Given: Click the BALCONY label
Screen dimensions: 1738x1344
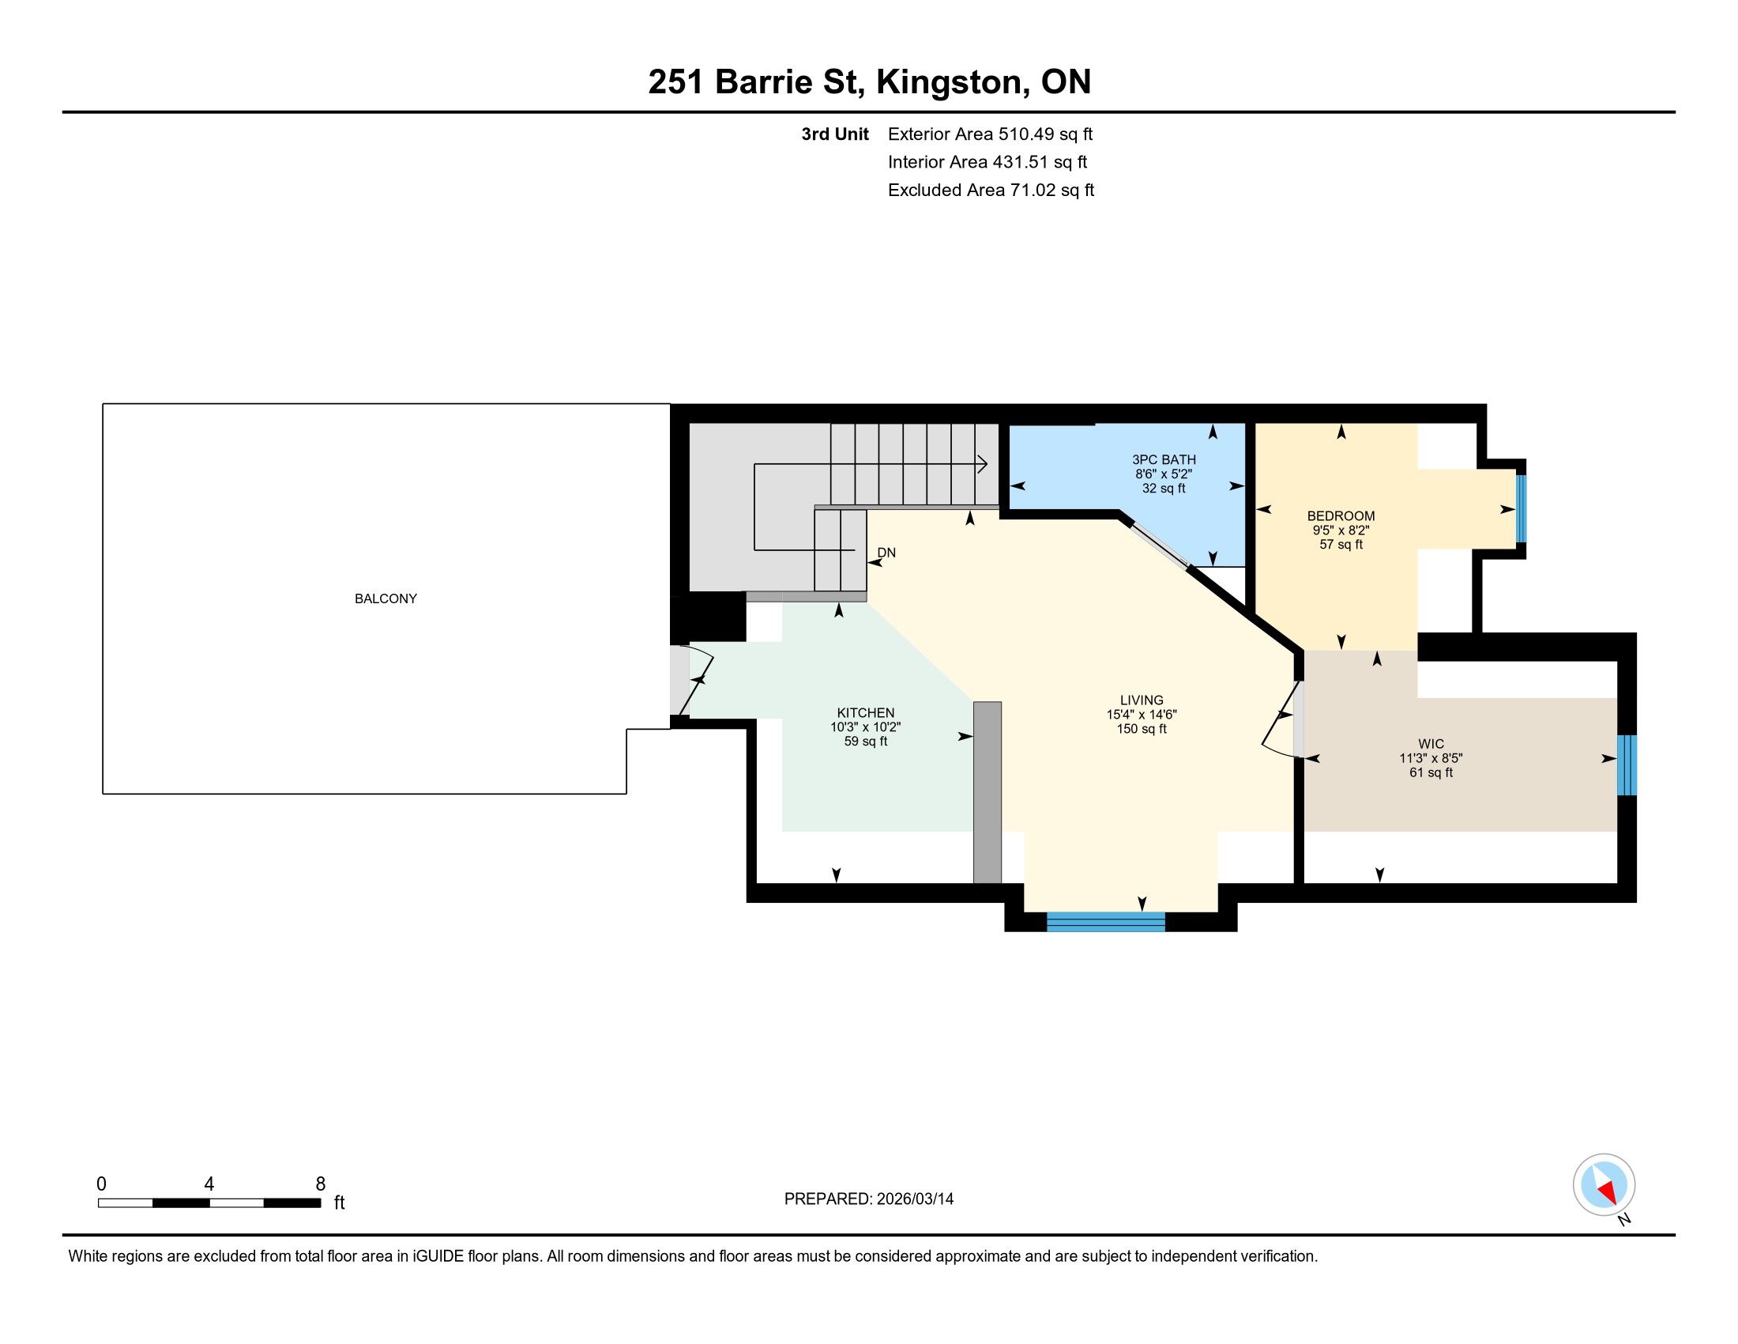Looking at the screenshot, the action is pyautogui.click(x=386, y=598).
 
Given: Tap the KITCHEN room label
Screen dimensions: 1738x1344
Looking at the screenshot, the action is pyautogui.click(x=866, y=712).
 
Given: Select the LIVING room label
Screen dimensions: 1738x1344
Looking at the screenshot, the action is pyautogui.click(x=1142, y=700).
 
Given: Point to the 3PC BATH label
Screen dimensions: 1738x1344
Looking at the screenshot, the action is pyautogui.click(x=1164, y=459).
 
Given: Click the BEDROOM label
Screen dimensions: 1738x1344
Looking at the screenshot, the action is pyautogui.click(x=1341, y=516).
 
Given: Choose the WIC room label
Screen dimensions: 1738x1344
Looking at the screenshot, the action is pyautogui.click(x=1431, y=745).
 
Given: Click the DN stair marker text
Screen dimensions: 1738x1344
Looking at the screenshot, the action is pyautogui.click(x=886, y=553).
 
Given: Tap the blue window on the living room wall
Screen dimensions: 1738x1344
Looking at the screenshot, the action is pyautogui.click(x=1106, y=922).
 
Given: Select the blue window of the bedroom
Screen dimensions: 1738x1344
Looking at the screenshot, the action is pyautogui.click(x=1521, y=508).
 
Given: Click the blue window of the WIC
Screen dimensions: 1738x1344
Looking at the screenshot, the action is pyautogui.click(x=1627, y=765).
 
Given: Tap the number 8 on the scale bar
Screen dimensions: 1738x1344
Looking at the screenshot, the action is pyautogui.click(x=321, y=1184).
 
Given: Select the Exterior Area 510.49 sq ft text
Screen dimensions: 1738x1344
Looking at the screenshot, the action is pyautogui.click(x=990, y=134).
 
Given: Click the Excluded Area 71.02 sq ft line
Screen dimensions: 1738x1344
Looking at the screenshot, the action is pyautogui.click(x=991, y=190).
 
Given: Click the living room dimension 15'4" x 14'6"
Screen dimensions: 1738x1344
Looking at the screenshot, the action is pyautogui.click(x=1142, y=715).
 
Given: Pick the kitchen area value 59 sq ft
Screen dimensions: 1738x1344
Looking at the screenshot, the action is pyautogui.click(x=866, y=742).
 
